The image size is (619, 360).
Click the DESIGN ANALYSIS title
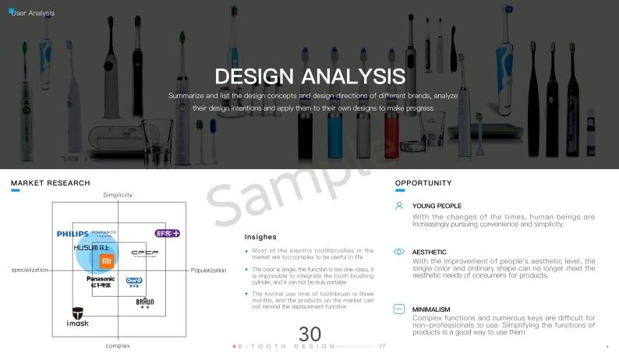(x=309, y=76)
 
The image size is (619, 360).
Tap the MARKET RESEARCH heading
(x=44, y=183)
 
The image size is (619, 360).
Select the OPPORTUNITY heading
(x=423, y=183)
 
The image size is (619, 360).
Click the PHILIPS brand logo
(x=73, y=234)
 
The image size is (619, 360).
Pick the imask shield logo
(x=77, y=315)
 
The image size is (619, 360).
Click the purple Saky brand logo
(x=167, y=233)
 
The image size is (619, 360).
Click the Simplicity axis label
(x=118, y=194)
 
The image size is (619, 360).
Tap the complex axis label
(x=118, y=344)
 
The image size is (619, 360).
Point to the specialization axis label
(x=30, y=270)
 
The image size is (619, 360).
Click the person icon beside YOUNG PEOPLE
(x=398, y=206)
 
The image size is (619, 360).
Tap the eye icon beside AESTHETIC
(x=398, y=252)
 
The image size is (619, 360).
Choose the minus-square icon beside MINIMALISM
(x=398, y=309)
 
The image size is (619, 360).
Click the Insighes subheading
(x=260, y=236)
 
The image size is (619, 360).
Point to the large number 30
(x=309, y=334)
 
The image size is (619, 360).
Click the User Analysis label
(x=32, y=13)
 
